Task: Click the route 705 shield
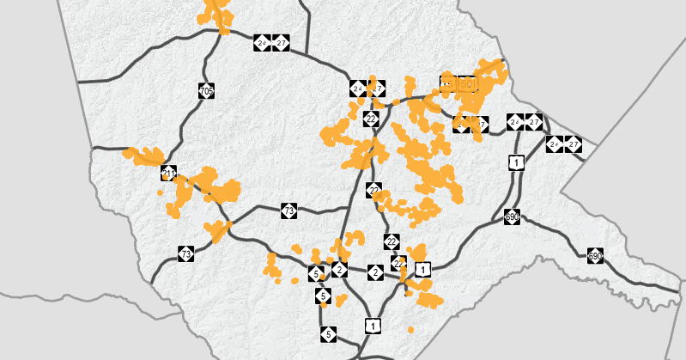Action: tap(206, 90)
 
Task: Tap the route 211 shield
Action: tap(168, 174)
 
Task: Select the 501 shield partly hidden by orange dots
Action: tap(467, 84)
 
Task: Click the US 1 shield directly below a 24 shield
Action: tap(516, 162)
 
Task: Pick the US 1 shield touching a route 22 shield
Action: tap(422, 269)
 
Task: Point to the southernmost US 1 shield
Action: tap(373, 325)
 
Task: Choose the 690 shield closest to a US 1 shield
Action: tap(513, 217)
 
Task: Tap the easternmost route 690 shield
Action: tap(595, 256)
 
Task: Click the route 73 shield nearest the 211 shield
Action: tap(186, 253)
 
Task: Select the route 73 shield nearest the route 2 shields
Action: tap(289, 211)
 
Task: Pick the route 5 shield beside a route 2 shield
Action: tap(317, 274)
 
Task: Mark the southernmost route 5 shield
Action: tap(328, 333)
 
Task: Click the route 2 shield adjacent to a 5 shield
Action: tap(339, 271)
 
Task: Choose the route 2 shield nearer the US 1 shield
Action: tap(375, 272)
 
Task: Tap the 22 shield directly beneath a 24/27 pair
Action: tap(371, 119)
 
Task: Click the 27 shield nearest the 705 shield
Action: tap(282, 42)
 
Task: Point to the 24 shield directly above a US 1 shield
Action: tap(514, 121)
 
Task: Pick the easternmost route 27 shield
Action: tap(574, 144)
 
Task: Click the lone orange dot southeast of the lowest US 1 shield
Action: tap(410, 330)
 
